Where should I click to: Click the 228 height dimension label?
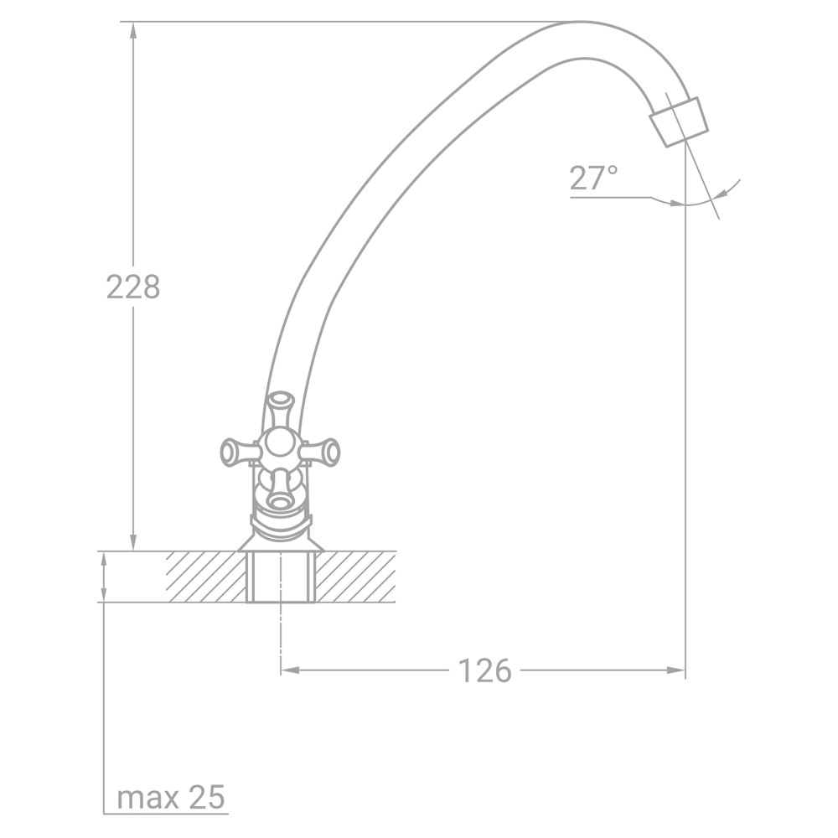(x=132, y=287)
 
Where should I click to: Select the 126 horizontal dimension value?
(x=484, y=670)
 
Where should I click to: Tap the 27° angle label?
(x=593, y=178)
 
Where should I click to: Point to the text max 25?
(x=171, y=797)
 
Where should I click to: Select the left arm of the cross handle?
(x=236, y=453)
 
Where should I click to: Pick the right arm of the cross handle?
(x=323, y=453)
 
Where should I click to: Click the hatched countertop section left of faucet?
(x=205, y=577)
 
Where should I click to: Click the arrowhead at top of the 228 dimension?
(x=132, y=30)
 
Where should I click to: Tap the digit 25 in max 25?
(x=207, y=797)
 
